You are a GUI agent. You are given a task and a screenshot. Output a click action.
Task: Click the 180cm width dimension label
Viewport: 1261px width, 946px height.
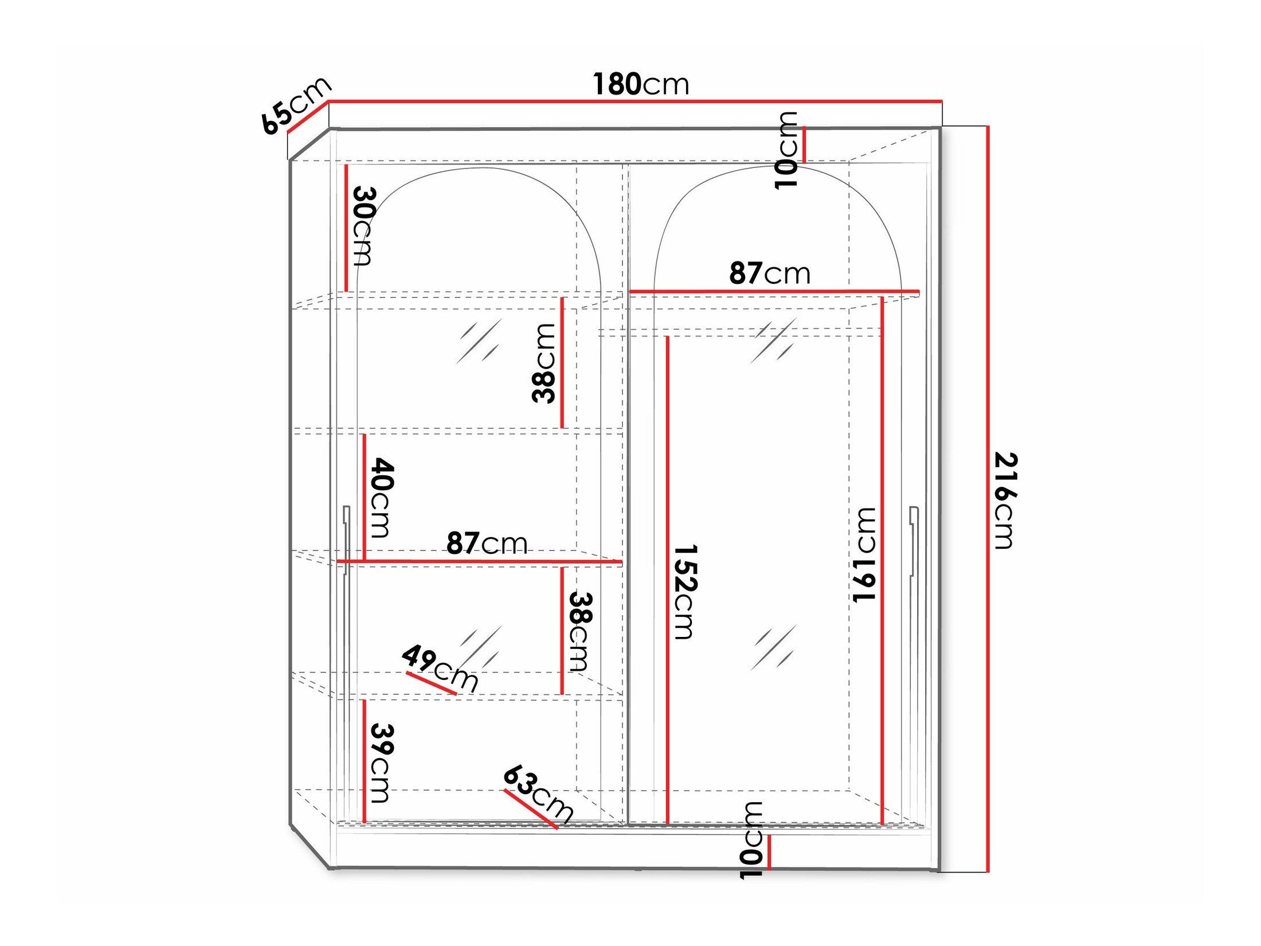[640, 84]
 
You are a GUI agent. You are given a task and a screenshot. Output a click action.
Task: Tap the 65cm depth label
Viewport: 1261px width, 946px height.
[296, 105]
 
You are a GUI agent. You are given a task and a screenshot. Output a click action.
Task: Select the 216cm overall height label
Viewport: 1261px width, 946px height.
[1004, 500]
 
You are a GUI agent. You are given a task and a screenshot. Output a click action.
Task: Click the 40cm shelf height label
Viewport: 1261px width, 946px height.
[381, 497]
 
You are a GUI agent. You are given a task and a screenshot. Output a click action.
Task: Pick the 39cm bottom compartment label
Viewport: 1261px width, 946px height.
[381, 763]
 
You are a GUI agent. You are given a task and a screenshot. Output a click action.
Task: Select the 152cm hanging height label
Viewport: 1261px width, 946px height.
[684, 591]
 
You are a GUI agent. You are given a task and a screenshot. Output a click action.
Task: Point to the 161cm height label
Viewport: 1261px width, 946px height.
[864, 554]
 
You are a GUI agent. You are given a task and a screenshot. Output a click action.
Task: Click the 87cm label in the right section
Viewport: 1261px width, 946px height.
[769, 273]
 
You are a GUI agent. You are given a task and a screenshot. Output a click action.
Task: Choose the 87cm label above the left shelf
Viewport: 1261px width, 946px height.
[487, 543]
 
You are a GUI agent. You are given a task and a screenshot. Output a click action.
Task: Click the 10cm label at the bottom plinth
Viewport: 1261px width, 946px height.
[752, 840]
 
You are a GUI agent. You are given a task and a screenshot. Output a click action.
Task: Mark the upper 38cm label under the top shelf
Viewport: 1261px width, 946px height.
[544, 363]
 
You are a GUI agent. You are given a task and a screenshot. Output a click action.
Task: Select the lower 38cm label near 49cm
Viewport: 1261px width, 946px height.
[579, 631]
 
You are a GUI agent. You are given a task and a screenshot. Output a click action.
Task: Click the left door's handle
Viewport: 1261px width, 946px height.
[346, 539]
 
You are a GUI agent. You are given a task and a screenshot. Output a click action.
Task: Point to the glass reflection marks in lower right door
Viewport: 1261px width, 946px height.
[774, 648]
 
